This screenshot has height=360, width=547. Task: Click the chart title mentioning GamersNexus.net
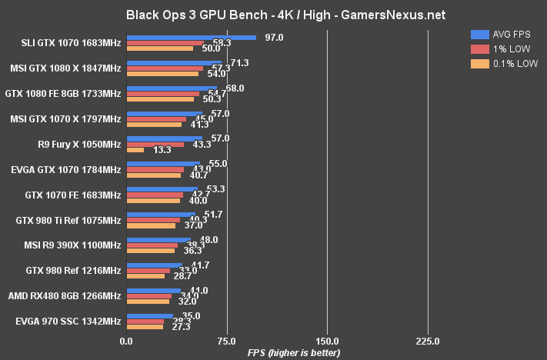click(x=273, y=15)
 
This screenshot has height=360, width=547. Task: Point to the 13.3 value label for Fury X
click(x=162, y=150)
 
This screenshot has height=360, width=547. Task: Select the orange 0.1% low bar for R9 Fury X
click(x=135, y=150)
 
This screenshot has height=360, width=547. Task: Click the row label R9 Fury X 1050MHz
click(x=79, y=144)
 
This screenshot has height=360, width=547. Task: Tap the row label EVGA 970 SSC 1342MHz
click(x=68, y=321)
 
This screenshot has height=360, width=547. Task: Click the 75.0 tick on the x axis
click(x=226, y=341)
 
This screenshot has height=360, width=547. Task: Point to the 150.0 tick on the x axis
click(x=327, y=341)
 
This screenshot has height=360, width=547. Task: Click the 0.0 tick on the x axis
click(x=126, y=341)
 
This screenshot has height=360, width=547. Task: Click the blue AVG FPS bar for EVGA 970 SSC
click(x=149, y=315)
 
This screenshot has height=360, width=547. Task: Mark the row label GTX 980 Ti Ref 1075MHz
click(x=68, y=220)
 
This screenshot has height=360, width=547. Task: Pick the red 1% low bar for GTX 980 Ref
click(x=148, y=271)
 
